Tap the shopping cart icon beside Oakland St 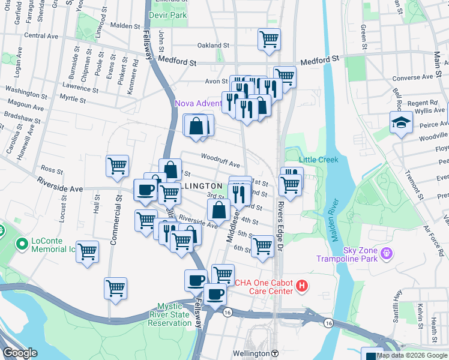click(269, 40)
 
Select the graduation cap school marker click(399, 124)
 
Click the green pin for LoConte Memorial click(22, 244)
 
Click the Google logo click(20, 353)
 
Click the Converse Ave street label click(412, 77)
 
